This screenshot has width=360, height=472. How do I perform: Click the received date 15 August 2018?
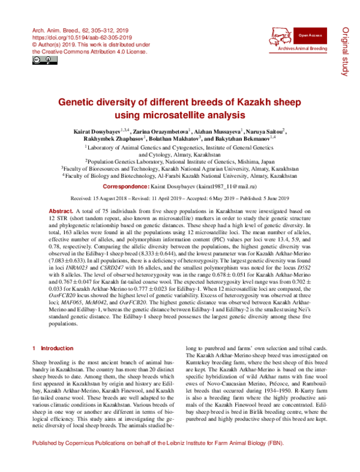coord(110,198)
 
